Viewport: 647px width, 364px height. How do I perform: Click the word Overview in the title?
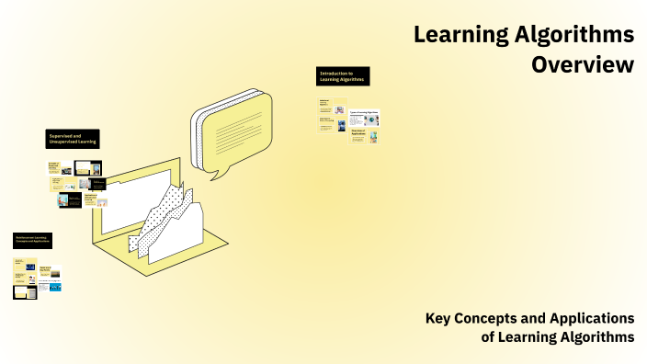(583, 65)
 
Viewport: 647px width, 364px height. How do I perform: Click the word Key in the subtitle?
(439, 318)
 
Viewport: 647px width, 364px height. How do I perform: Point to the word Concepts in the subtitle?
(493, 318)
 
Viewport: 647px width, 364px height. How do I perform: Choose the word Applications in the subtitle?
(594, 318)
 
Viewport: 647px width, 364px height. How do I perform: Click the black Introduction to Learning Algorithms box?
(343, 76)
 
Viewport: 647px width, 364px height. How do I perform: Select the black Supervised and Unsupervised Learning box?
(74, 139)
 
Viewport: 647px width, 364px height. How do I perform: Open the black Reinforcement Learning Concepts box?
(33, 241)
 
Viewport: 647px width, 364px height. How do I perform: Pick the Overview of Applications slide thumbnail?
(364, 135)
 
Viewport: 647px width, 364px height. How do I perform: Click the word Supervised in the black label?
(61, 135)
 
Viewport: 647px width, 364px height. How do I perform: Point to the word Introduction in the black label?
(332, 73)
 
